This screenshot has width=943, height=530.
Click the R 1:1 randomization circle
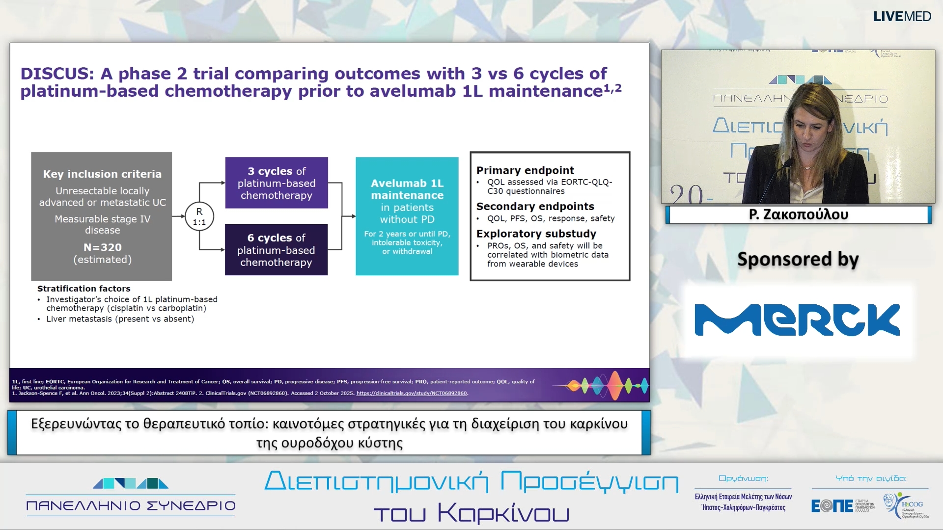point(199,216)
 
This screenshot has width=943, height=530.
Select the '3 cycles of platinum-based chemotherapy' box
point(277,183)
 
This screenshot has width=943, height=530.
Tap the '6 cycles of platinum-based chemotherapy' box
point(276,250)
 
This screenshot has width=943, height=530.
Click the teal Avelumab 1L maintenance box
point(407,216)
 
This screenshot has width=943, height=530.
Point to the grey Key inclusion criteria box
point(102,216)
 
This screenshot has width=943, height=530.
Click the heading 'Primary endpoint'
point(525,170)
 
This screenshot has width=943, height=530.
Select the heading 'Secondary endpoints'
point(535,206)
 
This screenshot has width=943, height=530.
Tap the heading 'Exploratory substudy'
point(536,234)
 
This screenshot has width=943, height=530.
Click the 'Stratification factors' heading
point(84,289)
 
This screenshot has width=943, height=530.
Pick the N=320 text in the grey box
point(103,247)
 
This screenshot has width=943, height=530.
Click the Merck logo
point(797,320)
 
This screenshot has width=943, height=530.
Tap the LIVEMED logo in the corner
point(902,16)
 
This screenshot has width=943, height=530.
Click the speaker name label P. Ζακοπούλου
point(798,214)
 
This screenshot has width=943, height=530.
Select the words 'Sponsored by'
point(798,259)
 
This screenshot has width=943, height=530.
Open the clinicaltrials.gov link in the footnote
point(412,393)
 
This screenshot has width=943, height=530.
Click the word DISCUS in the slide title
point(57,74)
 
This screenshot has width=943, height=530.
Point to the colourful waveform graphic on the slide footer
point(601,385)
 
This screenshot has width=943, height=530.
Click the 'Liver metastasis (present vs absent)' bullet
point(120,319)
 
